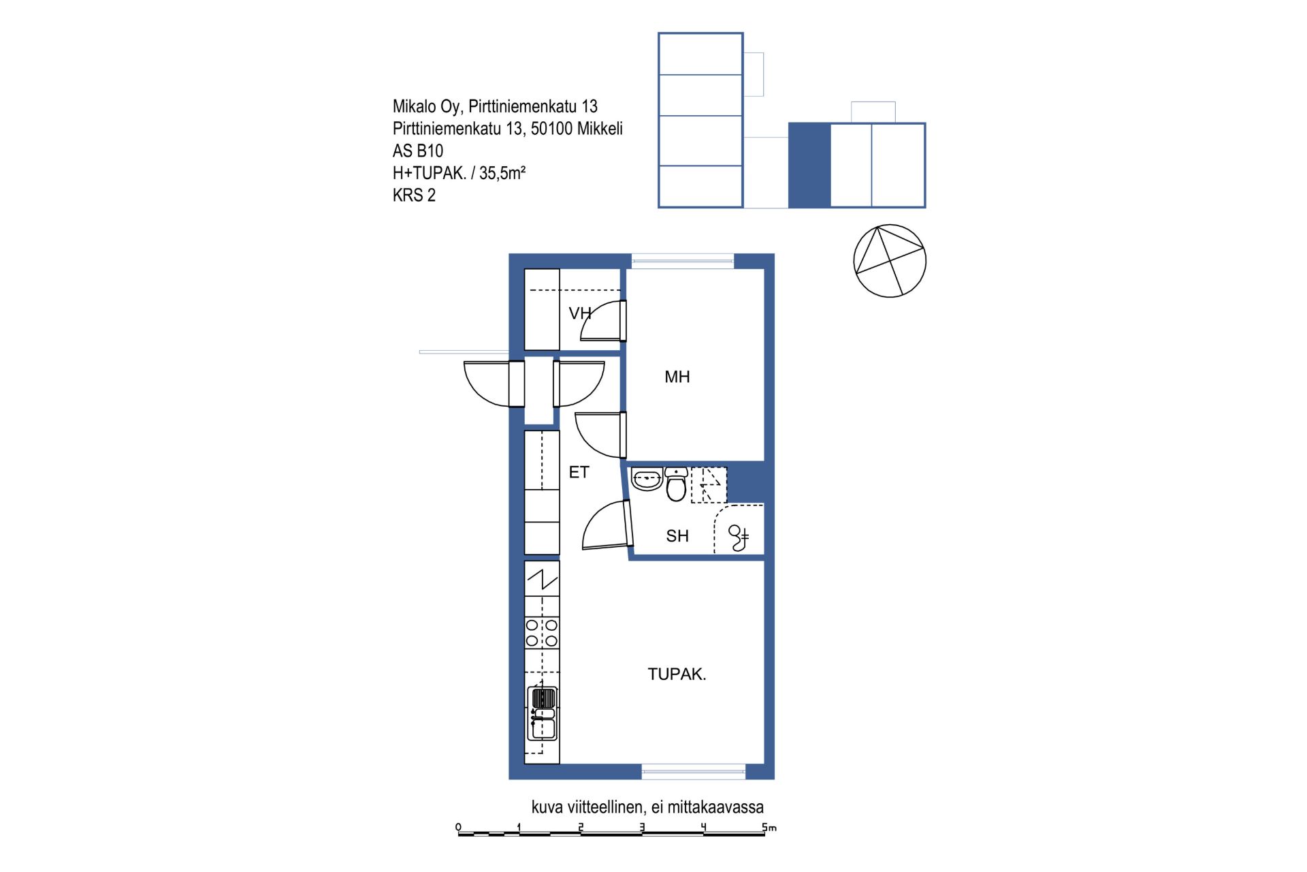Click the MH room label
click(677, 377)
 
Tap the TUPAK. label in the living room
click(677, 674)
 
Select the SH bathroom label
click(677, 536)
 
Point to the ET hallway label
click(579, 472)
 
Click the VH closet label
click(580, 313)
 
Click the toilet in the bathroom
click(676, 484)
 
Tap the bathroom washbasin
click(647, 479)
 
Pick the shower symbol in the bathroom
click(739, 538)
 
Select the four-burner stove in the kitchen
click(542, 633)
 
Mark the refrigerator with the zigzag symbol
click(542, 579)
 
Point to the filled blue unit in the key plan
click(810, 166)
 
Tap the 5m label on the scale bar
click(769, 827)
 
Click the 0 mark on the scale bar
click(458, 827)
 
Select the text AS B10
click(418, 151)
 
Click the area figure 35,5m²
click(502, 173)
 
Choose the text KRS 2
click(414, 196)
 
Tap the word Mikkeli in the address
click(600, 129)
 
